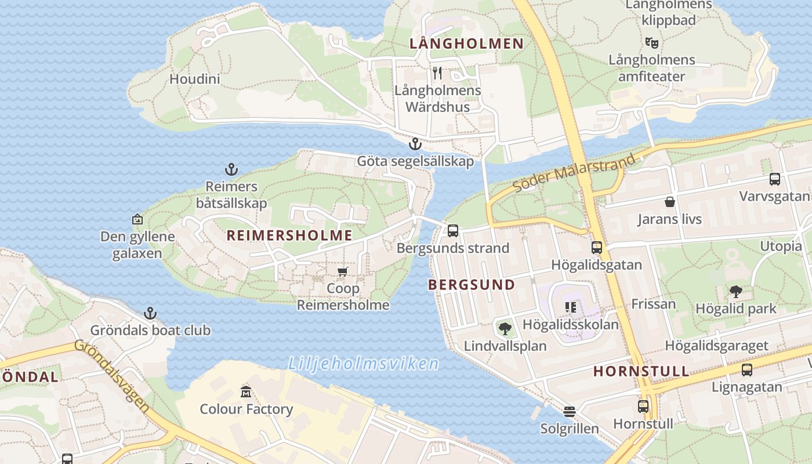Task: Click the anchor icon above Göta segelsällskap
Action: (x=415, y=143)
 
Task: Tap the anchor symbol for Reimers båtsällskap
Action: (x=231, y=169)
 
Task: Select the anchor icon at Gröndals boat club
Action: (x=150, y=313)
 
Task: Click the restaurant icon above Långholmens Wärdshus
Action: (x=437, y=73)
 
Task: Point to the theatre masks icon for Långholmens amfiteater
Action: (x=652, y=42)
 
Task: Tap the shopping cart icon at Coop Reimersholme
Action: (x=343, y=271)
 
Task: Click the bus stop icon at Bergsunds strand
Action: (x=453, y=230)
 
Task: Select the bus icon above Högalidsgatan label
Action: (x=596, y=248)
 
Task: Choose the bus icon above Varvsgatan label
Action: (x=774, y=179)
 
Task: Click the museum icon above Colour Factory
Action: (x=245, y=391)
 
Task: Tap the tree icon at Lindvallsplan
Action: (x=505, y=329)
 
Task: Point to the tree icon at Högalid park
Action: (x=735, y=291)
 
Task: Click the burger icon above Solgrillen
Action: (x=570, y=412)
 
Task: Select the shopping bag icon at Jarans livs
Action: (x=670, y=202)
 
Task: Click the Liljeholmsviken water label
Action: (x=364, y=364)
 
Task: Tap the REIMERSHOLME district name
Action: (x=289, y=235)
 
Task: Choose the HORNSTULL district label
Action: (x=641, y=371)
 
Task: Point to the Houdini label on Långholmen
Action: (x=194, y=79)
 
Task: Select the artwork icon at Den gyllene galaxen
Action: (x=137, y=219)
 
